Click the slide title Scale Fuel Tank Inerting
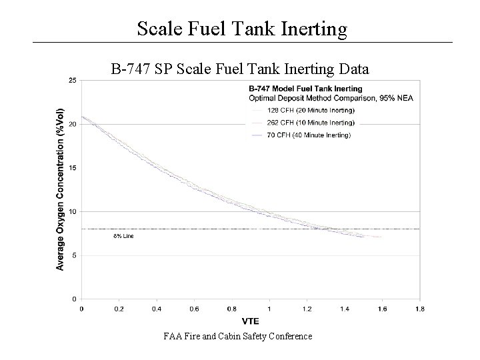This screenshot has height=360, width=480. click(242, 29)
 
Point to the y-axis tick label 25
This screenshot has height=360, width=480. click(71, 81)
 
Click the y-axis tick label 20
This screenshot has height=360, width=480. click(71, 125)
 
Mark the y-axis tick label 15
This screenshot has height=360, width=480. click(71, 168)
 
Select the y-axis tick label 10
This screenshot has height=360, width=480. click(71, 211)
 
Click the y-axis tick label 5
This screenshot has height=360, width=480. click(73, 255)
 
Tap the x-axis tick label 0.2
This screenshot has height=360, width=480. click(119, 309)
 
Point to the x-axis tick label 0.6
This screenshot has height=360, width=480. click(194, 309)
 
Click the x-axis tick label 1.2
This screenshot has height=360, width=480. click(307, 309)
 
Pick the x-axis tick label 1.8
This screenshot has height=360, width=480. click(419, 309)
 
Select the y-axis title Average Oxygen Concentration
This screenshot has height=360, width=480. click(60, 189)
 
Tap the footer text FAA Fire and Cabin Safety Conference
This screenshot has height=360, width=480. click(238, 337)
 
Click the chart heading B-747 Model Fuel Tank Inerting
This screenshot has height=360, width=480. click(305, 88)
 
